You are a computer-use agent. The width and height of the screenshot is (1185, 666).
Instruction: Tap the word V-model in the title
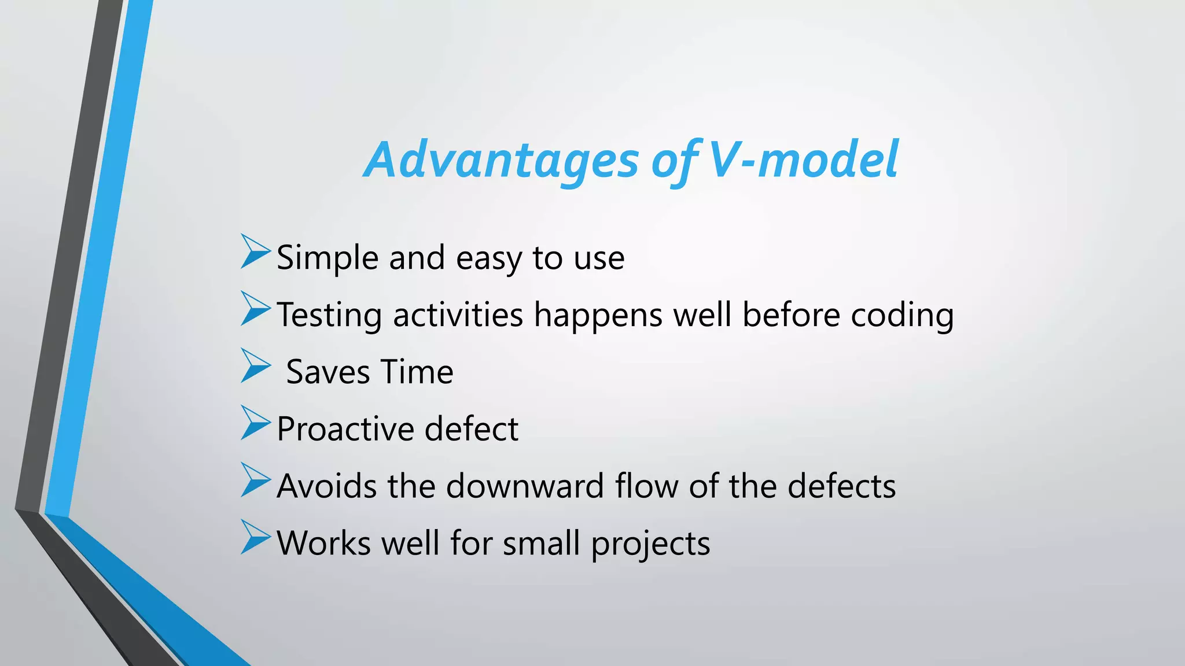(x=803, y=160)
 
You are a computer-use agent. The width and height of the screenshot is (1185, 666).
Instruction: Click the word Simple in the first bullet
(x=327, y=258)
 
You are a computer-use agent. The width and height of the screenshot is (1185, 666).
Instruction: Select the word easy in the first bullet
(x=489, y=258)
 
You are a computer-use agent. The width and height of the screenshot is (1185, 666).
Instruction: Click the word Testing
(x=329, y=316)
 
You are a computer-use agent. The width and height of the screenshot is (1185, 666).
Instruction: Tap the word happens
(x=598, y=316)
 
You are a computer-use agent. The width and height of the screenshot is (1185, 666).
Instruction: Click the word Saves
(x=327, y=372)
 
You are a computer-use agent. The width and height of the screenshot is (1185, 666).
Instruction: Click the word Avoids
(x=327, y=486)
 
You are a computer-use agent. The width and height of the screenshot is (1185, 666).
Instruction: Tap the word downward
(x=525, y=486)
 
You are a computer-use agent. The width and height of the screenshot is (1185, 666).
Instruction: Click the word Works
(x=323, y=543)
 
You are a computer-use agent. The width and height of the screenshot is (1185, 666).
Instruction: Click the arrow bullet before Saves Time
(x=255, y=365)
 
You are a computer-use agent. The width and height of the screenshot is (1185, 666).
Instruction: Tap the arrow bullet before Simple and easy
(x=255, y=251)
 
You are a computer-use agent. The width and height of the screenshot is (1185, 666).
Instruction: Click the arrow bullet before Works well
(x=255, y=537)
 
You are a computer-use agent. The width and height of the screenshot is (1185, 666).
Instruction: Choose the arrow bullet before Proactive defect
(x=255, y=423)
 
